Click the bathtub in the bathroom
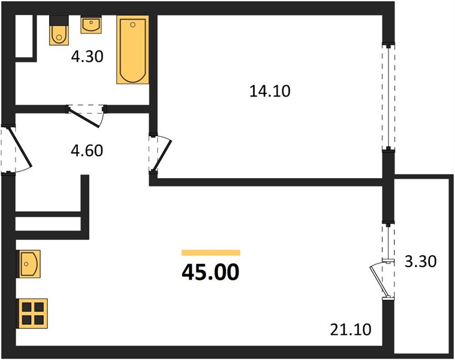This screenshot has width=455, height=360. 132,50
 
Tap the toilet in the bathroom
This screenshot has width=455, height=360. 59,31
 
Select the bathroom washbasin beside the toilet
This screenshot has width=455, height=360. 91,25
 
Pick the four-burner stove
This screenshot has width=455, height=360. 32,314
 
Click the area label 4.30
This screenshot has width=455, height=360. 87,56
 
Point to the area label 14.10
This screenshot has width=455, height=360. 270,91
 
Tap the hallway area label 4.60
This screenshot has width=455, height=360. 87,151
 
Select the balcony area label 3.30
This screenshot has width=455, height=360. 420,261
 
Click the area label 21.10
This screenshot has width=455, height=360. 351,330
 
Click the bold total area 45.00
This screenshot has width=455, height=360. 210,272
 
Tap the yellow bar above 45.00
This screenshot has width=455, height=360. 211,253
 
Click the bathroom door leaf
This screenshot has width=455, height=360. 84,117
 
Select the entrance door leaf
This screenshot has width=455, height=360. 20,148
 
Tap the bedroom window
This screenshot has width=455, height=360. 388,97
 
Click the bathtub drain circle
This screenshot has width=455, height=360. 133,25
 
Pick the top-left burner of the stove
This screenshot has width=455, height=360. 27,307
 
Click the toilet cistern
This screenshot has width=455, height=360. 59,20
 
